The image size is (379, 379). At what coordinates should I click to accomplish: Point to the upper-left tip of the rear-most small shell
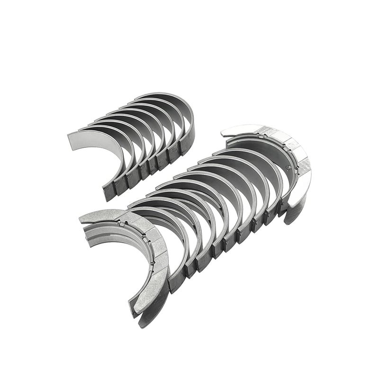coord(135,99)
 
